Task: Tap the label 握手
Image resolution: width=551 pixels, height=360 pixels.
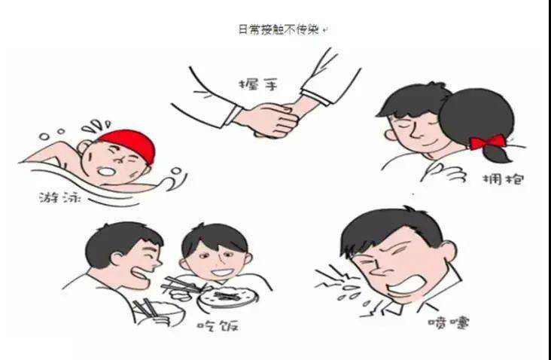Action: point(258,85)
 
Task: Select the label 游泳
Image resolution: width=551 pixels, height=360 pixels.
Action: point(60,198)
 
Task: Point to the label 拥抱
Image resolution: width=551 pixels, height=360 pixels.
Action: point(504,180)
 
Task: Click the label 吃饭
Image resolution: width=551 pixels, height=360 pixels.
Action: point(218,326)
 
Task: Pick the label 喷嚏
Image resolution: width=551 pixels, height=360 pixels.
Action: point(449,322)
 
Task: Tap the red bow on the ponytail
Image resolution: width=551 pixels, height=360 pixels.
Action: point(488,142)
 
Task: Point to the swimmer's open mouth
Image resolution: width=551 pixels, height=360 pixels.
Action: point(106,172)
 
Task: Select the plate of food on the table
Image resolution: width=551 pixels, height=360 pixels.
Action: point(228,297)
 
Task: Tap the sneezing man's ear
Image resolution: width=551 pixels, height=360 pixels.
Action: point(448,252)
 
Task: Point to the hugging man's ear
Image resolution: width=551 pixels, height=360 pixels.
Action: point(390,134)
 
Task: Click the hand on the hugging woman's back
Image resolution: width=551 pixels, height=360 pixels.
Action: point(443,172)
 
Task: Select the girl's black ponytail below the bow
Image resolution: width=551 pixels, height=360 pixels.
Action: point(496,154)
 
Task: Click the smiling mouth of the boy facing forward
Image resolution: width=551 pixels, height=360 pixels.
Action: point(221,273)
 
